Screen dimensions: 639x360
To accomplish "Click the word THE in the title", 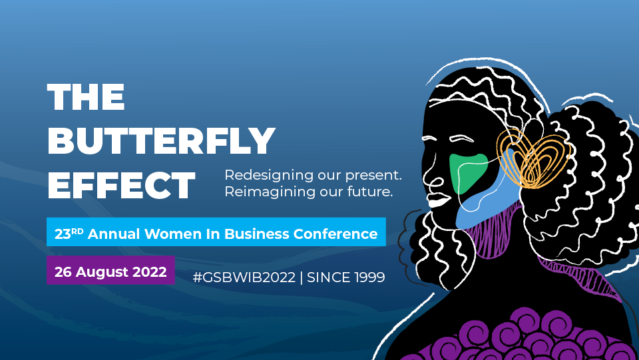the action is click(86, 97).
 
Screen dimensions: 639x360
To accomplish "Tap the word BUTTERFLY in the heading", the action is click(161, 140).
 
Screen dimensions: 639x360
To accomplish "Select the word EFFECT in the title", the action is click(121, 185).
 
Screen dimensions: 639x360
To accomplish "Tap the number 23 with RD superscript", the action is click(69, 234).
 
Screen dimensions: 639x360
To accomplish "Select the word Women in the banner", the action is click(173, 234).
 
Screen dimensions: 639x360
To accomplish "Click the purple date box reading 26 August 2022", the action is click(110, 270).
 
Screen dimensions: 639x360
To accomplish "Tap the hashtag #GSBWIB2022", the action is click(244, 277).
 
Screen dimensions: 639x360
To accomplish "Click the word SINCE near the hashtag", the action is click(328, 277).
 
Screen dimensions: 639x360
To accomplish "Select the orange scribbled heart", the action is click(534, 159).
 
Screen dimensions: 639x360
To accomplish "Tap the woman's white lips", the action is click(438, 200).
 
